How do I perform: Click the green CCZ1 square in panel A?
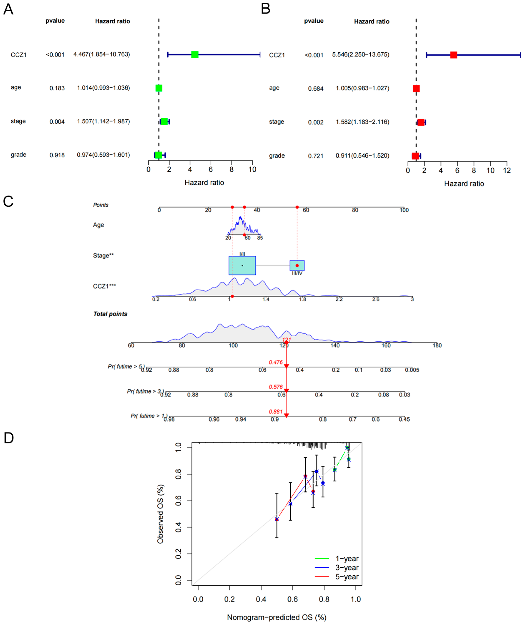coord(195,54)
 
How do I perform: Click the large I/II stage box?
coord(242,265)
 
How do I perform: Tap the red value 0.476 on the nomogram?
coord(276,362)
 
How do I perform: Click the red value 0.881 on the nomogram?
coord(276,412)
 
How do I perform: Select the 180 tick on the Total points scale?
coord(437,345)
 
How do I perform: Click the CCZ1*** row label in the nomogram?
coord(104,286)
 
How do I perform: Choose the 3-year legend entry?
coord(347,568)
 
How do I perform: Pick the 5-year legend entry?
coord(347,577)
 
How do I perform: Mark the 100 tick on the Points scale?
coord(404,210)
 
